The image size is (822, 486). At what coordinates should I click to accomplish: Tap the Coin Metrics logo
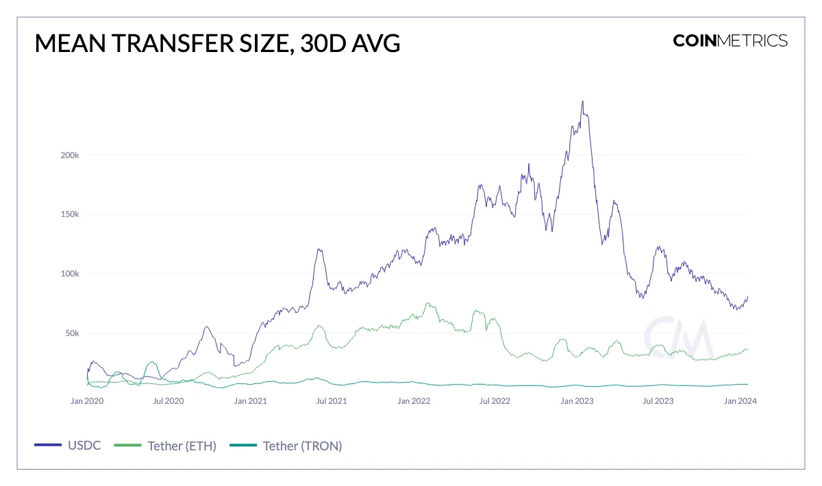pyautogui.click(x=730, y=40)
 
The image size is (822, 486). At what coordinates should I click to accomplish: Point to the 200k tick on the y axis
pyautogui.click(x=70, y=155)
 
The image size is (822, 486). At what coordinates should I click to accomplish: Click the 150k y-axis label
pyautogui.click(x=70, y=214)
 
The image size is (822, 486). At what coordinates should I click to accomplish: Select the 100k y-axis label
pyautogui.click(x=70, y=274)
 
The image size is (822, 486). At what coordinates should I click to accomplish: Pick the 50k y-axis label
pyautogui.click(x=72, y=333)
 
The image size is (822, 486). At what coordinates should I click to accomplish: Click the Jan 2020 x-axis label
pyautogui.click(x=87, y=401)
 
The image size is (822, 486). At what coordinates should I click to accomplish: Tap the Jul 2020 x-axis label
pyautogui.click(x=168, y=401)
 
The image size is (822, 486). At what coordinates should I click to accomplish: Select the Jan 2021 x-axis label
pyautogui.click(x=249, y=401)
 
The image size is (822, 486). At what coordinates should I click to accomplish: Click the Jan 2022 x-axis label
pyautogui.click(x=413, y=401)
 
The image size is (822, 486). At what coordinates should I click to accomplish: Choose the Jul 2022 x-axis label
pyautogui.click(x=494, y=401)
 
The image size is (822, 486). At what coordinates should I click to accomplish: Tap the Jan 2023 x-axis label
pyautogui.click(x=577, y=401)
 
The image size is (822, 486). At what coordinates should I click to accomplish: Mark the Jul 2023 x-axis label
pyautogui.click(x=658, y=401)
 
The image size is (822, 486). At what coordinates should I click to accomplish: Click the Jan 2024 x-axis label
pyautogui.click(x=740, y=401)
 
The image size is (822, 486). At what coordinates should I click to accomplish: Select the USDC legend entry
pyautogui.click(x=68, y=446)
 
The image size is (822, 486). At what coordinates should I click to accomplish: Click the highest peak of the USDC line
pyautogui.click(x=582, y=101)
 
